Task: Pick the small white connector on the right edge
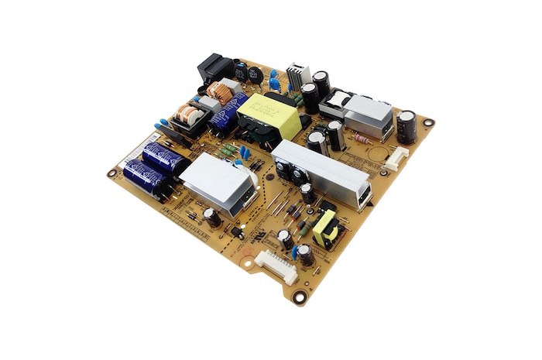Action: (x=397, y=158)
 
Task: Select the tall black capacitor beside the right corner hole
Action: (x=406, y=126)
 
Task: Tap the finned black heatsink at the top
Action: (x=298, y=76)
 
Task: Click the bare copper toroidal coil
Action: (x=221, y=93)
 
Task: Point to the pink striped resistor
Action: (x=362, y=140)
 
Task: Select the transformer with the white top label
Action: (x=338, y=101)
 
